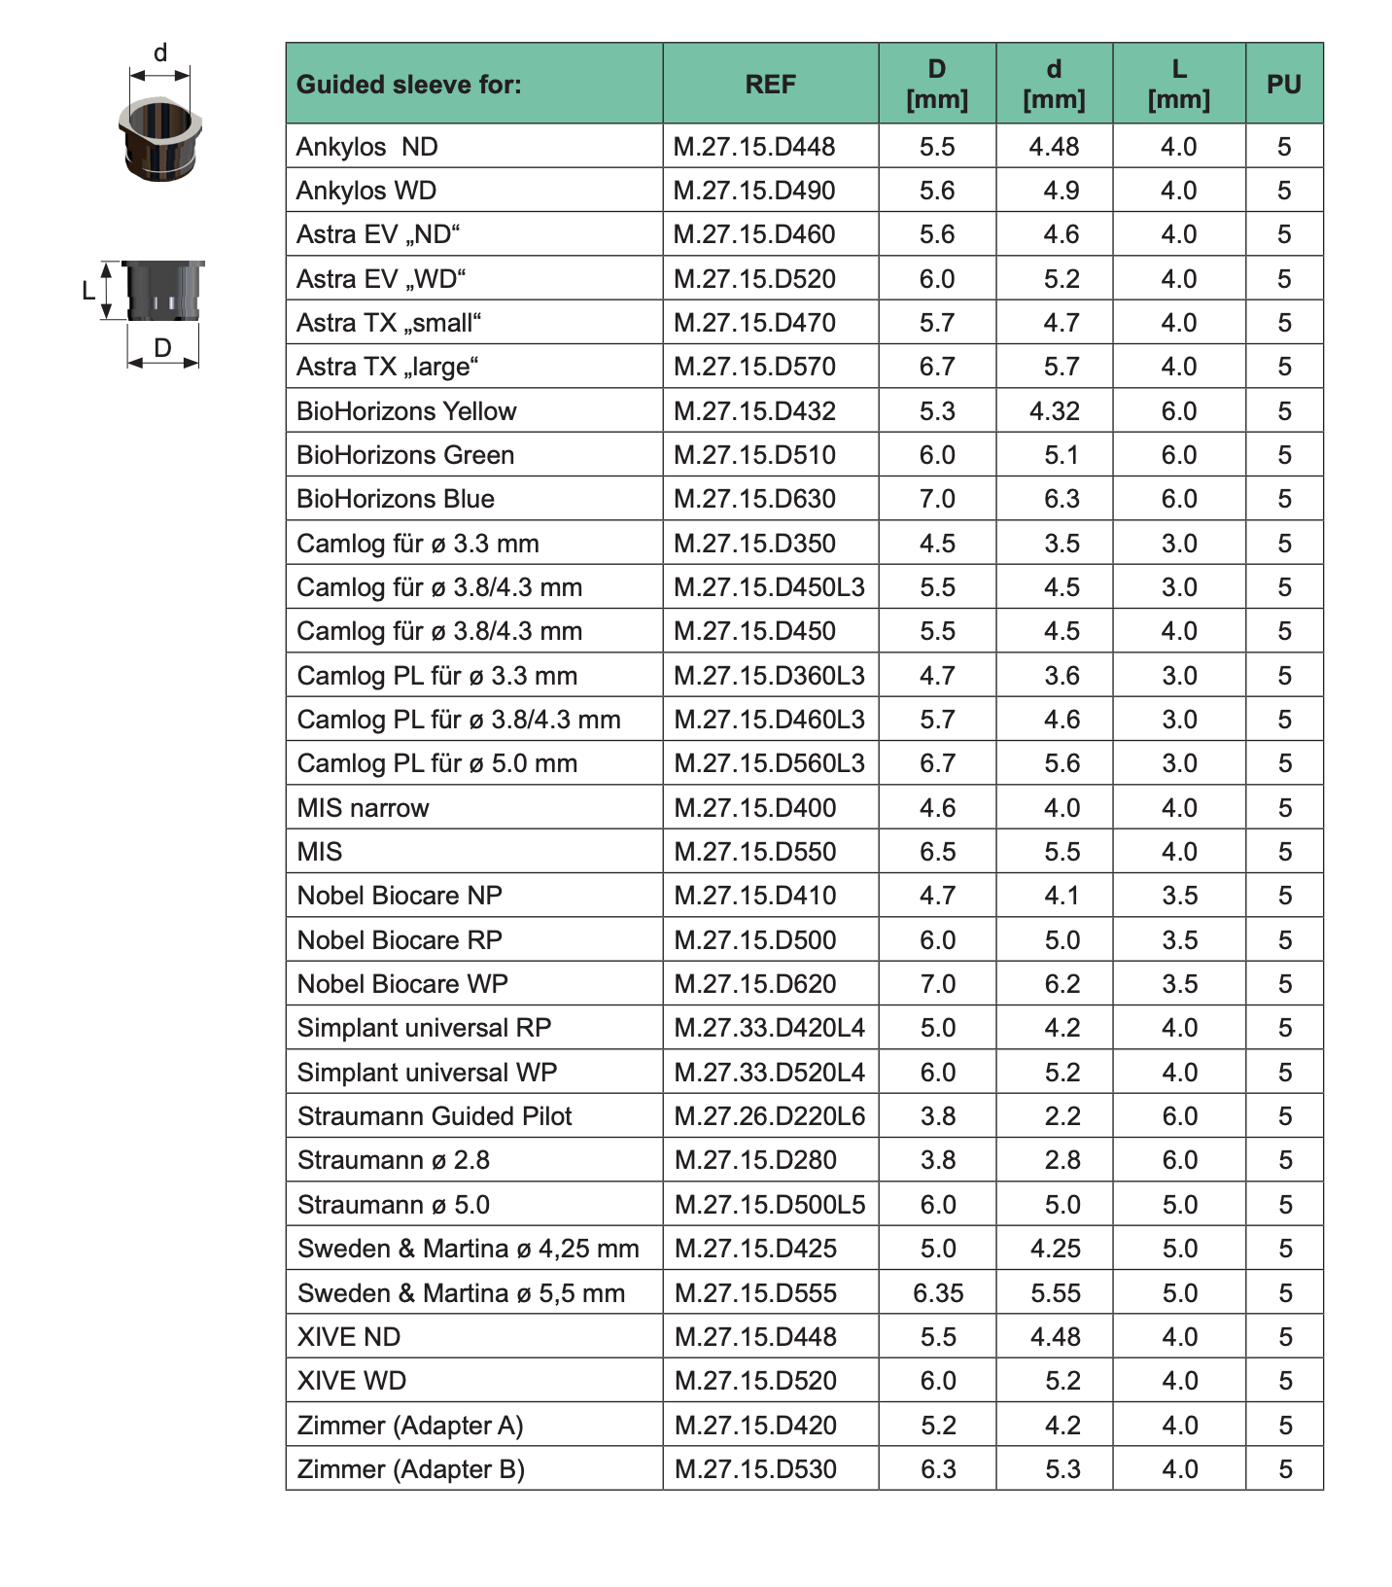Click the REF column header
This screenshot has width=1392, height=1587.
pyautogui.click(x=770, y=85)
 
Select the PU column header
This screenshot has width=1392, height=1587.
pyautogui.click(x=1283, y=85)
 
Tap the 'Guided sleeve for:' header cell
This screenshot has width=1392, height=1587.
pyautogui.click(x=409, y=85)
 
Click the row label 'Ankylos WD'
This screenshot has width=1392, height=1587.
pyautogui.click(x=366, y=191)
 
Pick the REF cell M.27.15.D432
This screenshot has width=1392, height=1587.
pyautogui.click(x=754, y=411)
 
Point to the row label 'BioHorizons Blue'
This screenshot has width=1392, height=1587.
pyautogui.click(x=396, y=499)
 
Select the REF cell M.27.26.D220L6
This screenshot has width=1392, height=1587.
pyautogui.click(x=769, y=1116)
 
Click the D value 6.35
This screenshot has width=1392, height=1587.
pyautogui.click(x=938, y=1293)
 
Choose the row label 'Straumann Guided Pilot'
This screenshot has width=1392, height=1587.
pyautogui.click(x=435, y=1116)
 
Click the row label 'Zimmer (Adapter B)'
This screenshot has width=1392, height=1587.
pyautogui.click(x=410, y=1469)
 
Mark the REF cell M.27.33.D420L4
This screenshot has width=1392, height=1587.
pyautogui.click(x=769, y=1028)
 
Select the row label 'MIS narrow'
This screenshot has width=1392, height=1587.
pyautogui.click(x=363, y=808)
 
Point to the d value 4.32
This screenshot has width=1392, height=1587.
pyautogui.click(x=1055, y=411)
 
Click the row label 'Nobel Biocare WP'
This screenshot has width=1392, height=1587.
pyautogui.click(x=402, y=984)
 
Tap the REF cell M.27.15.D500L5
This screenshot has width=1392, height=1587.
pyautogui.click(x=769, y=1205)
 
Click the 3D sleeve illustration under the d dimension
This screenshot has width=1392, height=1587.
pyautogui.click(x=160, y=137)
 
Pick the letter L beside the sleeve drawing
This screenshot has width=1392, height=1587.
pyautogui.click(x=88, y=290)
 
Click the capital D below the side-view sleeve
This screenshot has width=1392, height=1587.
pyautogui.click(x=162, y=347)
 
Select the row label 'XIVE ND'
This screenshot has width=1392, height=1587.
pyautogui.click(x=348, y=1337)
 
